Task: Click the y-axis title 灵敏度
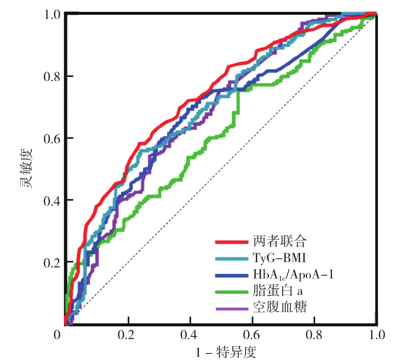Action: (25, 169)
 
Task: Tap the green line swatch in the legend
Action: (232, 292)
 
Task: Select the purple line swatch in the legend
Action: (232, 308)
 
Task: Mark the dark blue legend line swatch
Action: (232, 275)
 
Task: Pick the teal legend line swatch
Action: (232, 258)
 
